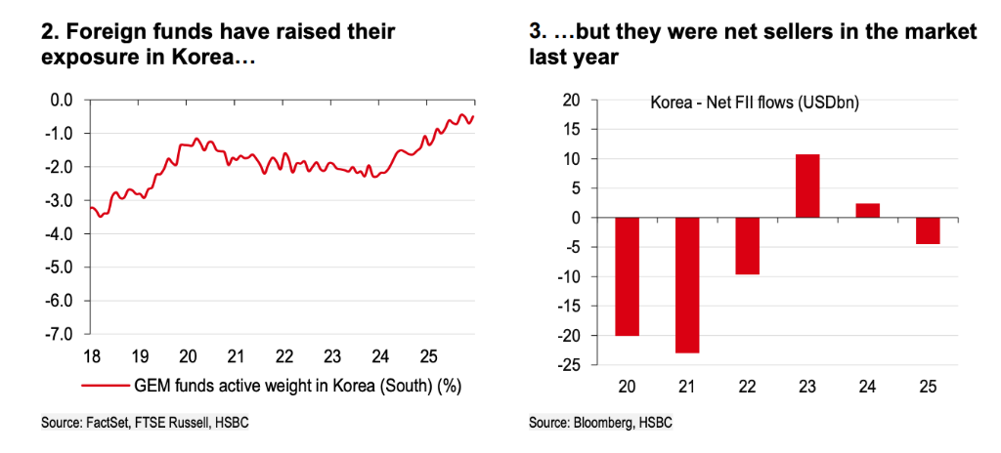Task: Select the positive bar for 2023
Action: tap(808, 186)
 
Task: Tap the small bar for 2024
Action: tap(867, 211)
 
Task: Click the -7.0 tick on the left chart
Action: tap(61, 334)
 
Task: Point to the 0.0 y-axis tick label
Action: tap(64, 99)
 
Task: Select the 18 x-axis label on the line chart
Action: tap(92, 354)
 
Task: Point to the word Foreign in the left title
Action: tap(104, 32)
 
